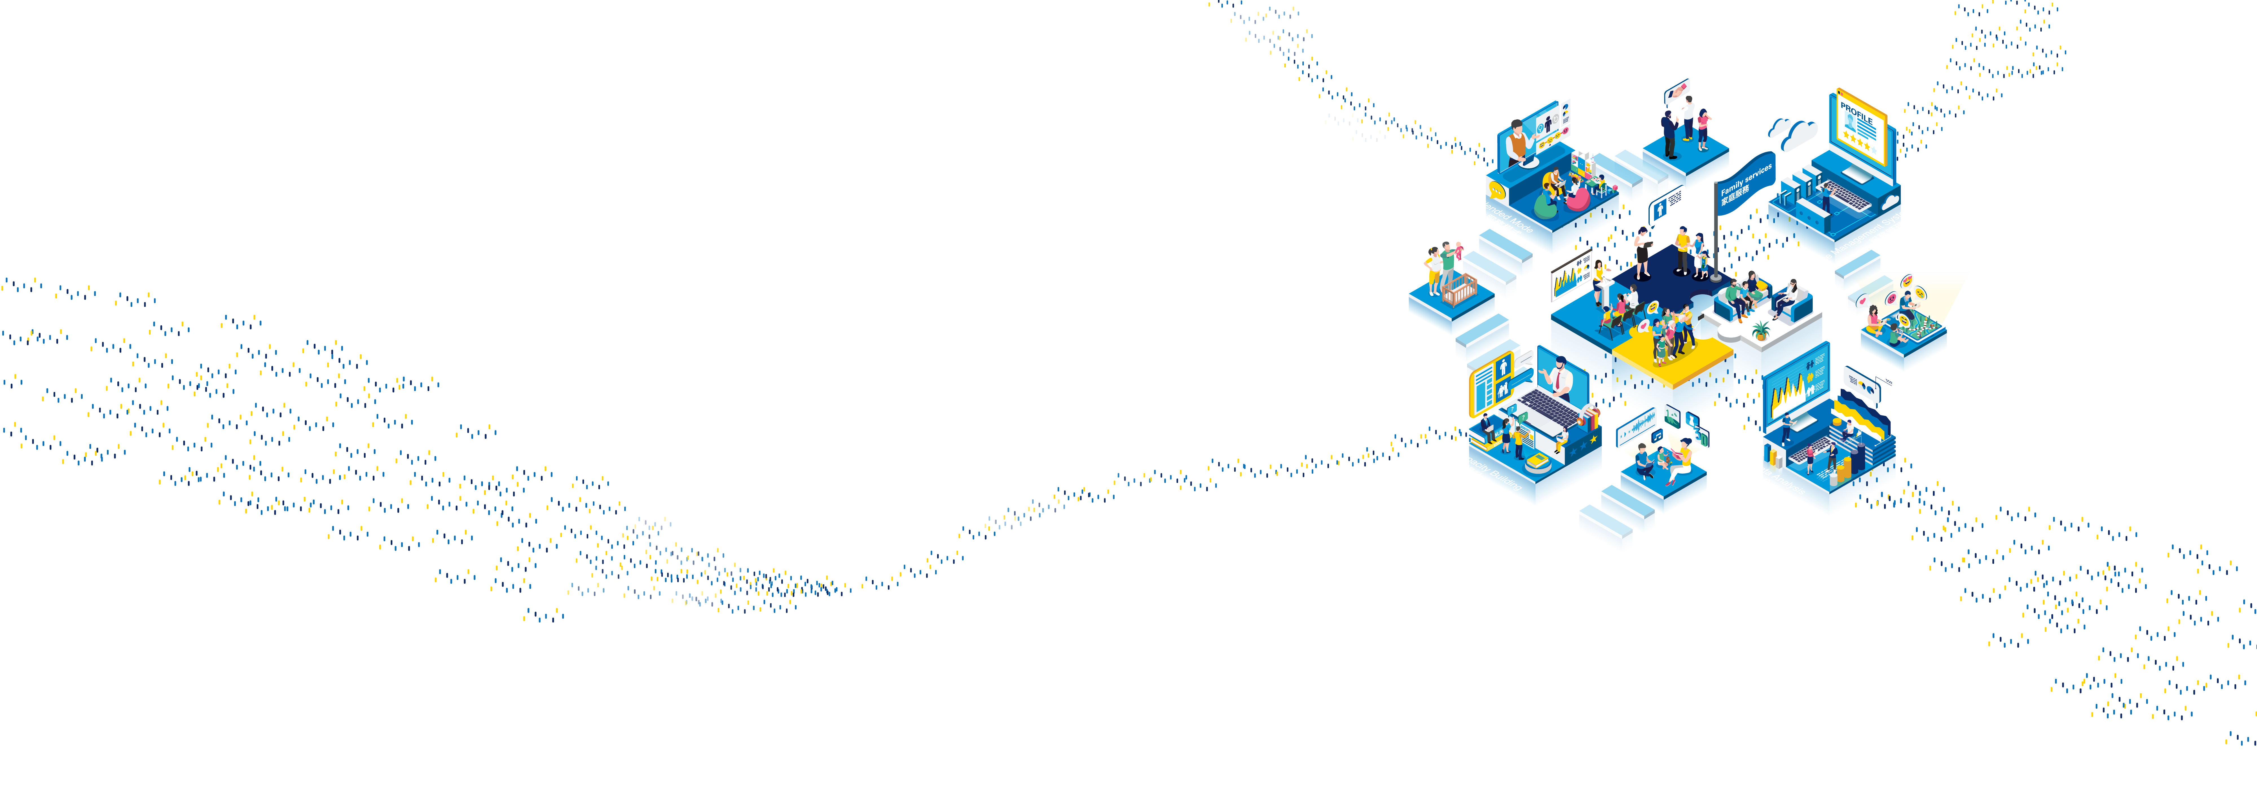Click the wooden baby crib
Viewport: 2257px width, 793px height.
(x=1459, y=289)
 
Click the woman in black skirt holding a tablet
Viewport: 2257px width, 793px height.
(x=1643, y=250)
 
